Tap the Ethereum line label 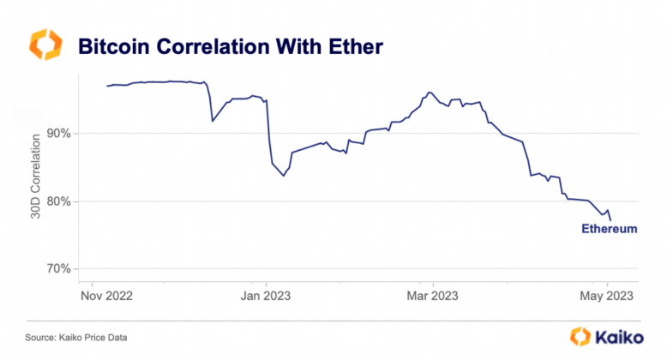click(610, 230)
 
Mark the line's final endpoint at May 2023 click(610, 220)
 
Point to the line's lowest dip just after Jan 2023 click(284, 176)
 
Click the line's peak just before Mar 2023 click(429, 93)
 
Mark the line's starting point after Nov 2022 click(106, 86)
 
